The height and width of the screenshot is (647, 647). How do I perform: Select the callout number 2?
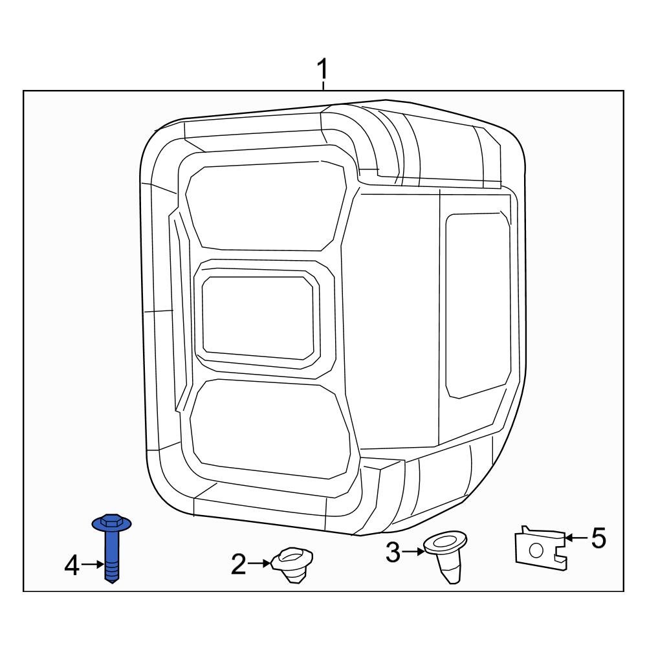pos(239,565)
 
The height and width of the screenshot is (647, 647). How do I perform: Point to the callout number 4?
pos(72,566)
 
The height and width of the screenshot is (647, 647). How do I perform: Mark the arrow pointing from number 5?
pos(574,538)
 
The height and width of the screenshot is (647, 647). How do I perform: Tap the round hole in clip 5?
pos(535,551)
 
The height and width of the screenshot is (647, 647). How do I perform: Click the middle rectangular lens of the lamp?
pos(259,318)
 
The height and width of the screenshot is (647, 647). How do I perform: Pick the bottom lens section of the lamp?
pos(269,428)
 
